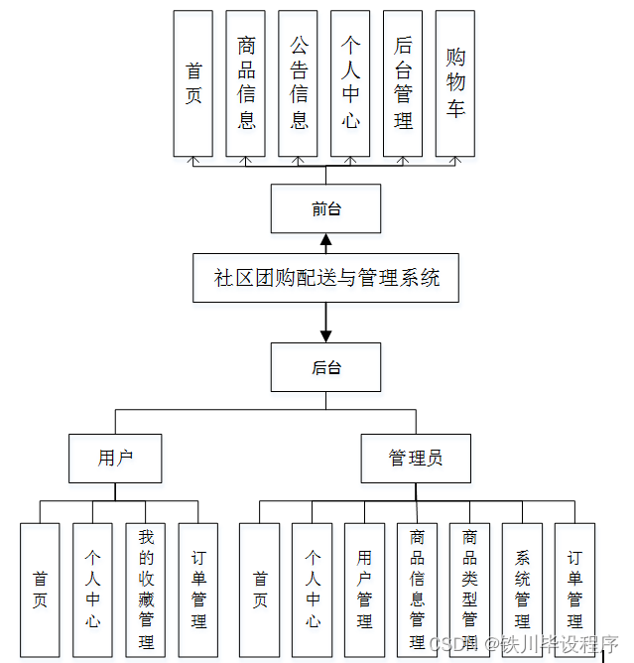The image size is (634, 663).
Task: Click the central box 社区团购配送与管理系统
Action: (x=326, y=278)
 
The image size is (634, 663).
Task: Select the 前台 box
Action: (x=325, y=209)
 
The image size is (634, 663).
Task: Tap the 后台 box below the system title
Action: (x=325, y=367)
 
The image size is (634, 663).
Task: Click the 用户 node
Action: (x=115, y=458)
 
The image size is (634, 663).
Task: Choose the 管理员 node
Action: (x=415, y=458)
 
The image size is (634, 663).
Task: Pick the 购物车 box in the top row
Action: (x=455, y=83)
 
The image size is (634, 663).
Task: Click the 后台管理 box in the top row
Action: (x=403, y=83)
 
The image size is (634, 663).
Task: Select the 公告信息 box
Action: (x=299, y=83)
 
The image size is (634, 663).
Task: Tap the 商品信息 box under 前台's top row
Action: (x=246, y=83)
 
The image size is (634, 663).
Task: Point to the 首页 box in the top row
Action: (x=193, y=83)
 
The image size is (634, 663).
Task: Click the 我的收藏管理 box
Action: (x=145, y=587)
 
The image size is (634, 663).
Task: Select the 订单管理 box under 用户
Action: (x=198, y=587)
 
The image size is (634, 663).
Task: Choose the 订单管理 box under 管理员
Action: (x=574, y=587)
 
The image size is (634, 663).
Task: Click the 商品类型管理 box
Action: (x=469, y=587)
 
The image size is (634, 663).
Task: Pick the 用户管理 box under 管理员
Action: (x=364, y=587)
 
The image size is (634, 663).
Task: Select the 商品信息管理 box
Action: (x=417, y=587)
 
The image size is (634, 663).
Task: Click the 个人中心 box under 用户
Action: (x=92, y=587)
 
